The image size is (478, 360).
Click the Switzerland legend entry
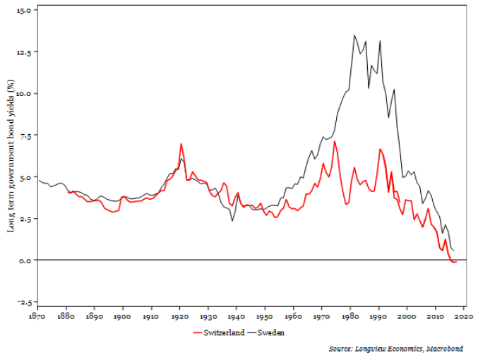[x=220, y=332]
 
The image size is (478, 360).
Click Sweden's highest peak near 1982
[x=354, y=35]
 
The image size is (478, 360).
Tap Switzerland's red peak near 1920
[x=181, y=144]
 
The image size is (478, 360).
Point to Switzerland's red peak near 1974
[x=335, y=141]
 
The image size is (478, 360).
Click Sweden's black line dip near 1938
[x=232, y=221]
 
